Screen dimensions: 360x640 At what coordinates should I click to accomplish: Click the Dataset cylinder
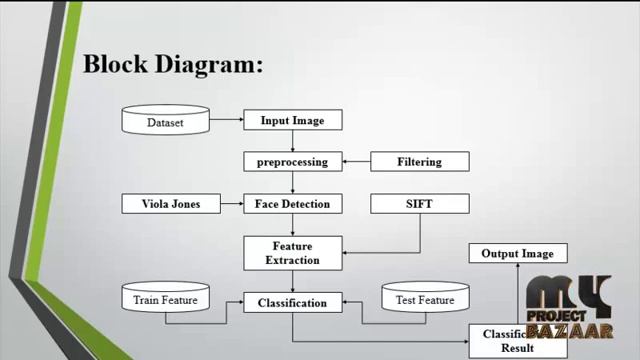click(x=165, y=122)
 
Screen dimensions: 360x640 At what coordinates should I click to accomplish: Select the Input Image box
click(x=293, y=120)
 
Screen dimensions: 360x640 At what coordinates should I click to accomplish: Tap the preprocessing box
click(x=293, y=161)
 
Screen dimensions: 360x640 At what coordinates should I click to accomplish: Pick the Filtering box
click(x=419, y=161)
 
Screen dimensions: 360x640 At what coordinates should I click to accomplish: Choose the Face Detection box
click(x=293, y=204)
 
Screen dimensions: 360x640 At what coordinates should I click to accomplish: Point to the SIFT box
click(x=419, y=204)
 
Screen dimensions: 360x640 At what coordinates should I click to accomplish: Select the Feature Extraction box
click(x=293, y=253)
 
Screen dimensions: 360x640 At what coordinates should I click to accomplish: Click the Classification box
click(x=293, y=302)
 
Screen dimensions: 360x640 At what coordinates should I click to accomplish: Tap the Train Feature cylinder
click(x=165, y=299)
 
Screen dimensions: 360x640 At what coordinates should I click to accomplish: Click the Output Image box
click(x=517, y=253)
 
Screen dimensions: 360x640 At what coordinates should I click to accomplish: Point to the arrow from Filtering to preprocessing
click(x=356, y=161)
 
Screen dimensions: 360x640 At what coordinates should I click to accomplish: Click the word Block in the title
click(x=114, y=65)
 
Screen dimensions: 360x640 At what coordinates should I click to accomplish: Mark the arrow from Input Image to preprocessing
click(x=293, y=141)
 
